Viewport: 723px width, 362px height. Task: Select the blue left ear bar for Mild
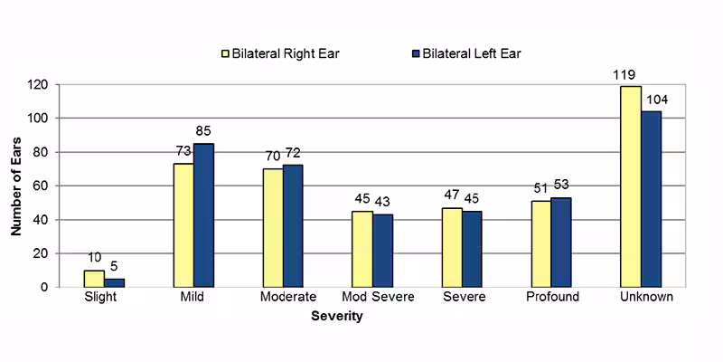(x=203, y=215)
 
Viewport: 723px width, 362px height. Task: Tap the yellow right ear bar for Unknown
(x=631, y=186)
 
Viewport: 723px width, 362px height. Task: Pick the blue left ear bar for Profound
(x=561, y=243)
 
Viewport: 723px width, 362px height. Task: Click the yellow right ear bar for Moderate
(x=273, y=228)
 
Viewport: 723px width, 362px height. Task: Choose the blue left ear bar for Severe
(x=472, y=249)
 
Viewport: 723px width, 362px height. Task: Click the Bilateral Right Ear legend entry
(x=281, y=53)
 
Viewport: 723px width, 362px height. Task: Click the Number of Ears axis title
(x=16, y=186)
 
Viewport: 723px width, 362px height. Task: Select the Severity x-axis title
(x=337, y=317)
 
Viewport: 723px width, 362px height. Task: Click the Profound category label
(x=550, y=298)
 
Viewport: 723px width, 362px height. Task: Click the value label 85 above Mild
(x=203, y=131)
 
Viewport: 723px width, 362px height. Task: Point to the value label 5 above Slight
(x=115, y=267)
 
